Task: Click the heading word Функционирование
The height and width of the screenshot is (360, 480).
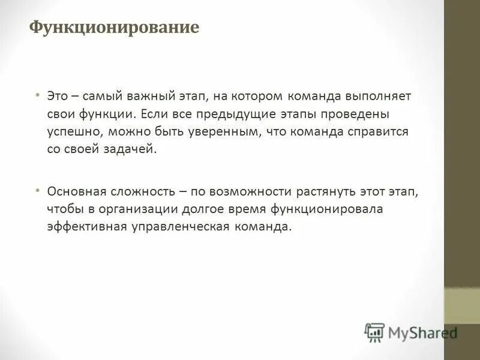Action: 115,28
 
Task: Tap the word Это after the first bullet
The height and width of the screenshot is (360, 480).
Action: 57,95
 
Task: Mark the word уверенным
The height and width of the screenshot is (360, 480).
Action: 226,131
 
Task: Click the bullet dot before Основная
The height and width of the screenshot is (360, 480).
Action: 37,190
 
